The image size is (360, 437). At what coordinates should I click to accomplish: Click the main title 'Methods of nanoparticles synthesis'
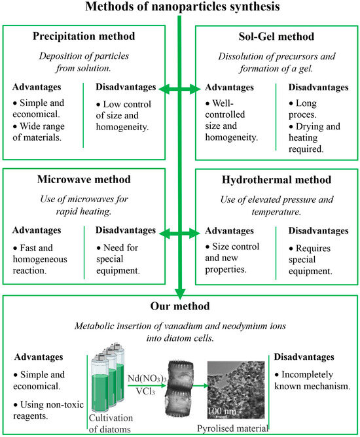point(179,8)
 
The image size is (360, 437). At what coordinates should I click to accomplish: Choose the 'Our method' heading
point(180,305)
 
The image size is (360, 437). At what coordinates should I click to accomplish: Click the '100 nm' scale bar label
point(224,411)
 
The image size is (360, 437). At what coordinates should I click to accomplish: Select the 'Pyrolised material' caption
point(233,428)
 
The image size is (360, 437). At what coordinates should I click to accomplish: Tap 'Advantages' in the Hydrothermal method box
point(229,231)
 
